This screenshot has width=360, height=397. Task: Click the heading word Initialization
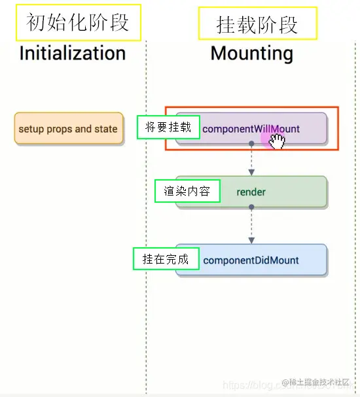(x=72, y=53)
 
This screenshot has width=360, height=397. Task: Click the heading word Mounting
(x=251, y=53)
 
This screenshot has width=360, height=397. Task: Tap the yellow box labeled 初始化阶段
(x=76, y=22)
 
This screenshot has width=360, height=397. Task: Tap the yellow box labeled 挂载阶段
(x=257, y=24)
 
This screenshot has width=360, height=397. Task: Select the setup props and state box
(x=68, y=129)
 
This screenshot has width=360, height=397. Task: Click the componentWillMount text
(x=250, y=129)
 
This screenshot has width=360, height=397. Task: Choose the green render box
(x=251, y=192)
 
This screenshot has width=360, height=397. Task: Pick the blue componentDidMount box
(x=251, y=260)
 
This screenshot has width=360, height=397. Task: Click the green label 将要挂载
(x=168, y=127)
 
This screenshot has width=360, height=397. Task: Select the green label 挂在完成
(x=165, y=259)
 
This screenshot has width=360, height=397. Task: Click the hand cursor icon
(x=276, y=141)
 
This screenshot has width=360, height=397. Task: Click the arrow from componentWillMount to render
(x=251, y=160)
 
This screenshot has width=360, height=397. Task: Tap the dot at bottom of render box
(x=251, y=207)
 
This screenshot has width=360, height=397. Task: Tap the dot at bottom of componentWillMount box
(x=251, y=143)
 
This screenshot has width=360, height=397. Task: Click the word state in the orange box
(x=105, y=129)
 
